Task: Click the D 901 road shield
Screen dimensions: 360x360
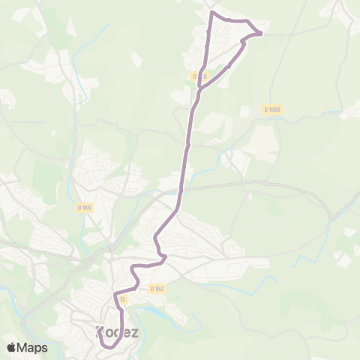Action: click(x=85, y=207)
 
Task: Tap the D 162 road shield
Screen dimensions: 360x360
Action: click(x=156, y=288)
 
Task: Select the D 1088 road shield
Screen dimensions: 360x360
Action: click(x=271, y=109)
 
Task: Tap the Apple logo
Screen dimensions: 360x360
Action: click(x=11, y=347)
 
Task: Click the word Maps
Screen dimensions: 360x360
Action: click(x=32, y=347)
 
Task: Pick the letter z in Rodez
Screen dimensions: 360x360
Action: click(x=136, y=331)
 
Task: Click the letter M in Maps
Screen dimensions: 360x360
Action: click(x=24, y=347)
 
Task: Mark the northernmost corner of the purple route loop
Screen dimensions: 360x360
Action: click(x=212, y=13)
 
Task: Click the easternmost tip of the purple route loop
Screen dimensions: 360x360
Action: click(x=261, y=33)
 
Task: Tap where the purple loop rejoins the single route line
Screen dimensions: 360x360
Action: click(x=199, y=88)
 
